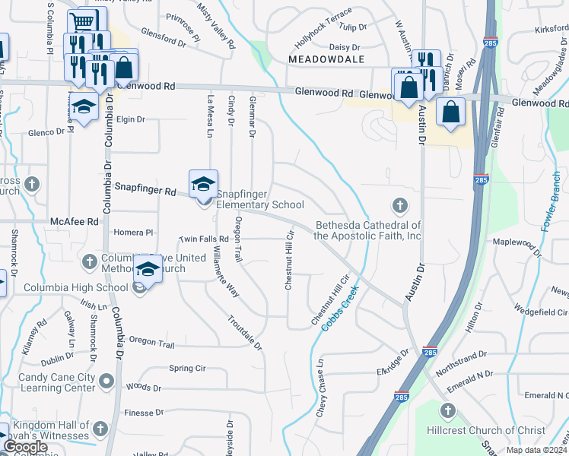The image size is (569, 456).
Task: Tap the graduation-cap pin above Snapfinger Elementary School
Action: coord(203,184)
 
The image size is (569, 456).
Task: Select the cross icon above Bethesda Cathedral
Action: coord(399,204)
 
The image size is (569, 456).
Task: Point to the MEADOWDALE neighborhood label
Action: coord(326,59)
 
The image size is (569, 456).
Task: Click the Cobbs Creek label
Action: coord(339,312)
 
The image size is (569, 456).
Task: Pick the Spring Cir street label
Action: coord(187,369)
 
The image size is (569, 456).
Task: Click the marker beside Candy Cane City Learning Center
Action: coord(106,382)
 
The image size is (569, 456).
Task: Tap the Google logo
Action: coord(25,448)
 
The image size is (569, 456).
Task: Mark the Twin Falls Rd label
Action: coord(204,239)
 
